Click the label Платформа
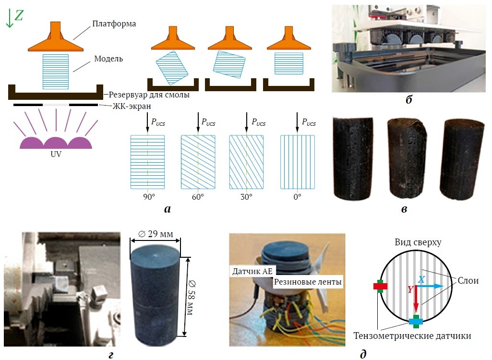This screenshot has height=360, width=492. tap(114, 24)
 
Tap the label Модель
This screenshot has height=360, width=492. tap(108, 59)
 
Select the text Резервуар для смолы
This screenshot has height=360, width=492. tap(149, 95)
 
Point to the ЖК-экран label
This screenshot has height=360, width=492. tap(132, 107)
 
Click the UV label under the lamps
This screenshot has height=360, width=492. tap(56, 154)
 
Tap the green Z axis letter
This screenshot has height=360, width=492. tap(19, 15)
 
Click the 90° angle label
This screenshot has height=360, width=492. tap(149, 197)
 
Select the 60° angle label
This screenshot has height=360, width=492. tap(198, 197)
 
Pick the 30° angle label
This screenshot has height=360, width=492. tap(246, 197)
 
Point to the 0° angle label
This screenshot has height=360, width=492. tap(298, 197)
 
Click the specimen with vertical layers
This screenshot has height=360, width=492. tap(298, 162)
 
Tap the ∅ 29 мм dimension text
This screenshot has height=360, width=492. tap(156, 234)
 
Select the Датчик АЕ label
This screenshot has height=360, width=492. tap(252, 271)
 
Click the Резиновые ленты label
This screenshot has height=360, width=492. tap(308, 282)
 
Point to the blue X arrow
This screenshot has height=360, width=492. tap(430, 286)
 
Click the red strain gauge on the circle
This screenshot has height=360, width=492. tap(380, 286)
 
